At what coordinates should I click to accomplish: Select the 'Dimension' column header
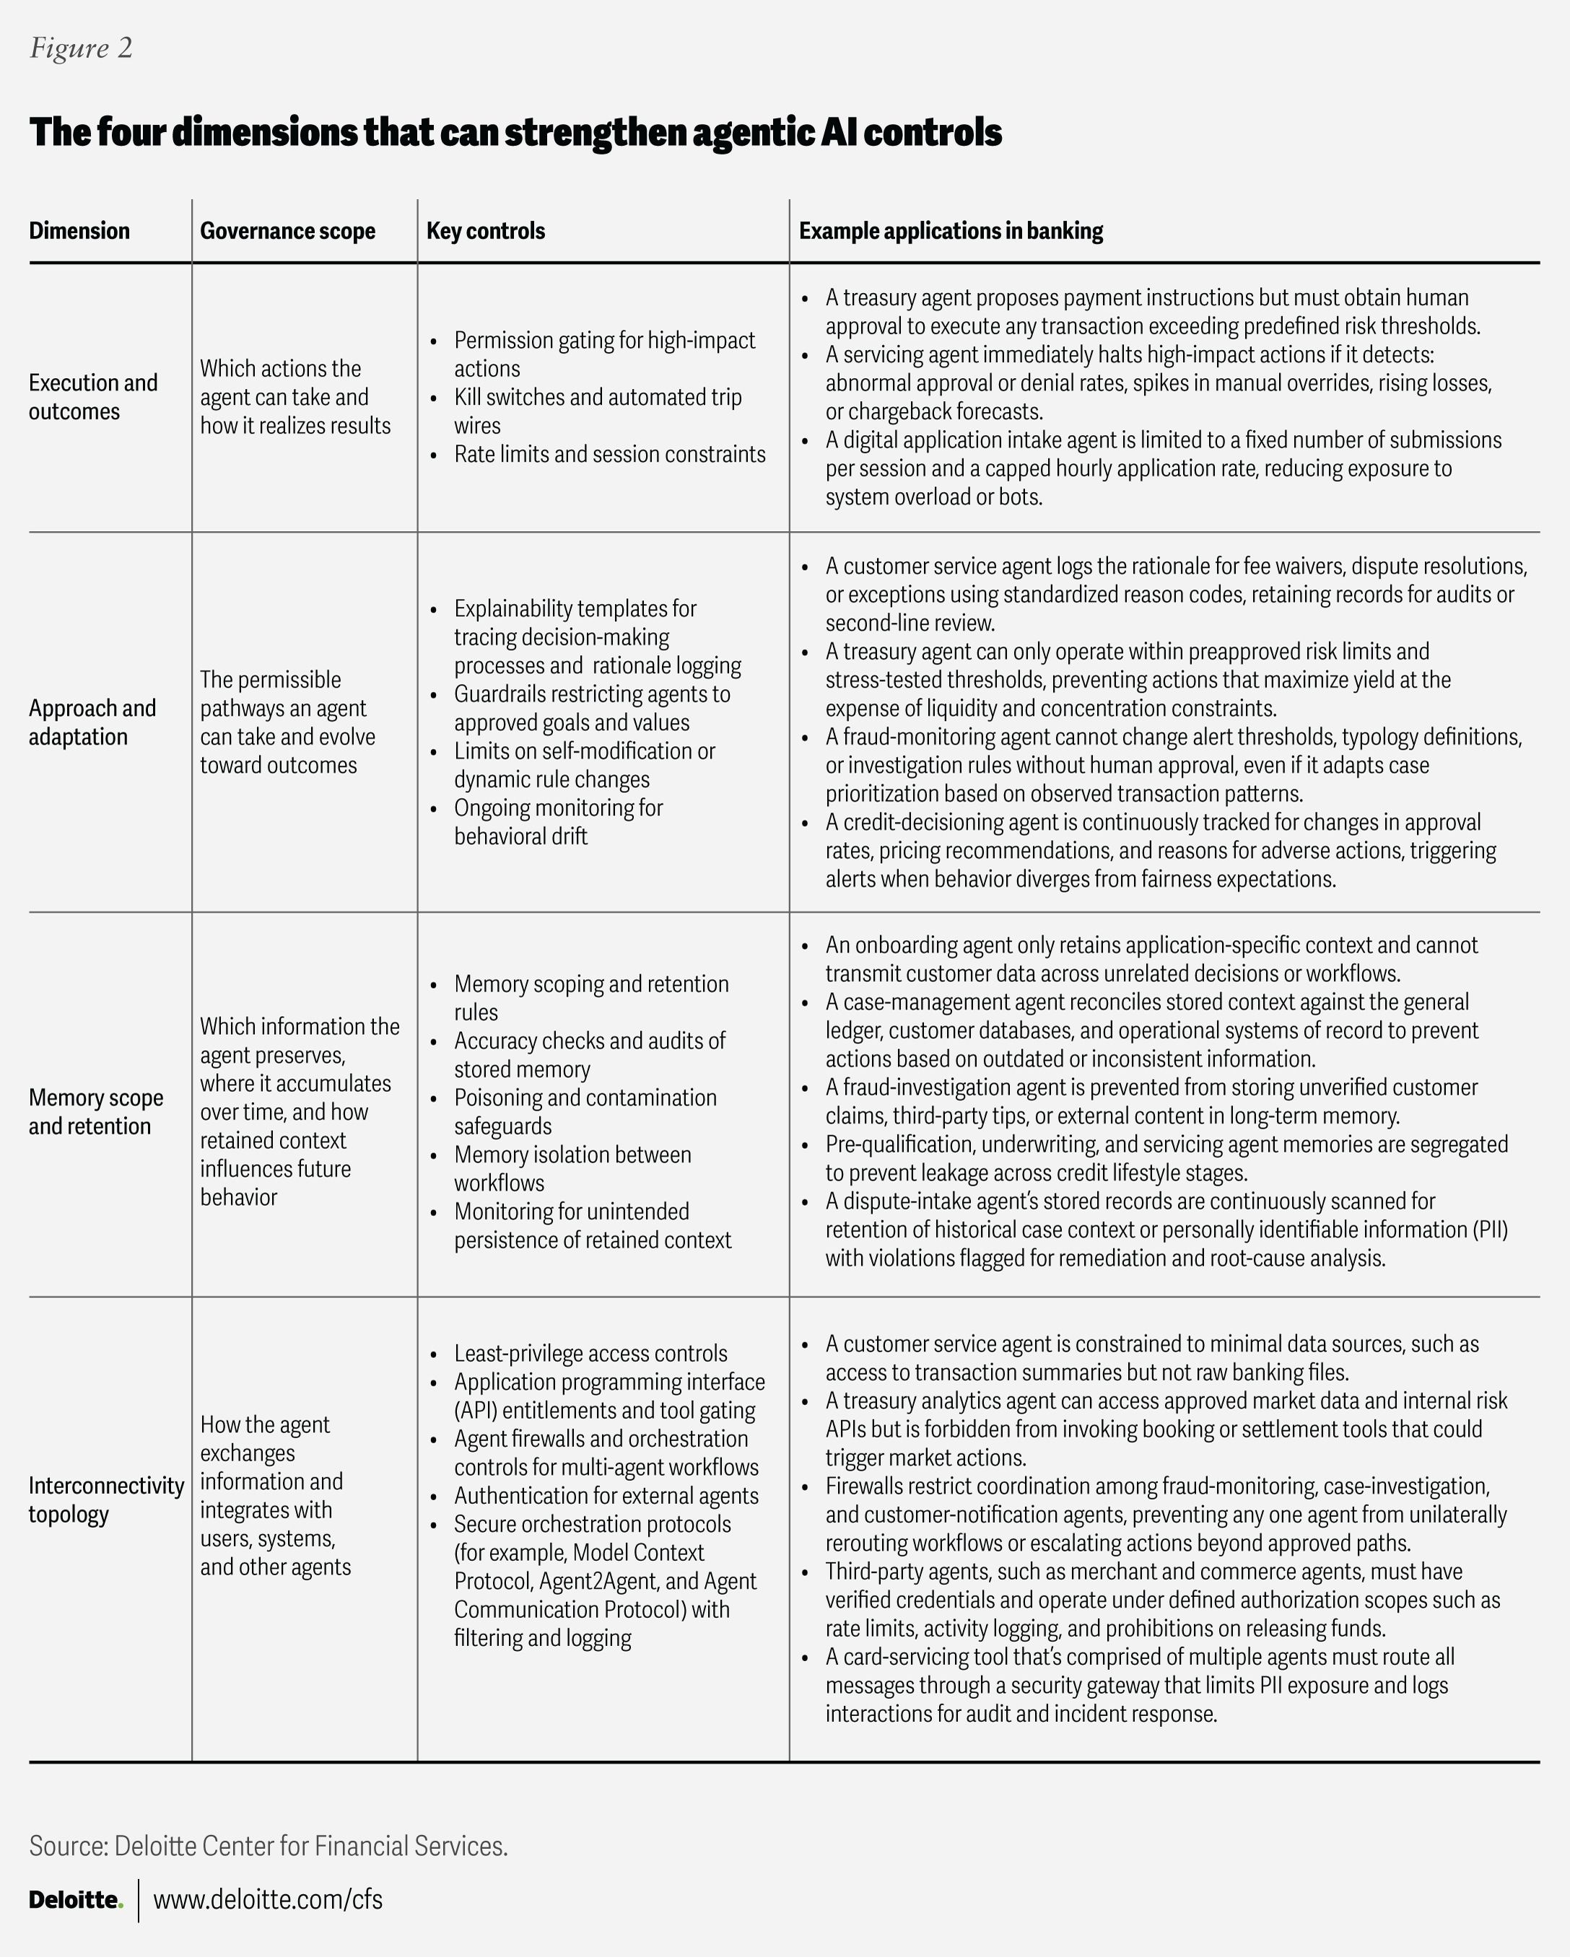[x=79, y=231]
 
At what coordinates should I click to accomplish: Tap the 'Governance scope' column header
[x=287, y=231]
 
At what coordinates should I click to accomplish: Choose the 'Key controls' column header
[x=486, y=231]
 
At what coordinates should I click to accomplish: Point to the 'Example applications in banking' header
[x=951, y=231]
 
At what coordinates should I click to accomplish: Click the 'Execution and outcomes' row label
[x=92, y=397]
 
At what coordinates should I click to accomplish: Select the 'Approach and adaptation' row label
[x=92, y=722]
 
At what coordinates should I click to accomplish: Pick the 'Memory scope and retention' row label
[x=95, y=1111]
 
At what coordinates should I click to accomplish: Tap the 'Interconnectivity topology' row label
[x=105, y=1499]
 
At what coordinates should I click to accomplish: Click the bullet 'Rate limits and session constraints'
[x=609, y=454]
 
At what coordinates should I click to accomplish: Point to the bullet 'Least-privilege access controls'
[x=590, y=1354]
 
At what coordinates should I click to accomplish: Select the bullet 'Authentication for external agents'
[x=606, y=1495]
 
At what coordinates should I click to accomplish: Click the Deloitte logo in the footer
[x=75, y=1899]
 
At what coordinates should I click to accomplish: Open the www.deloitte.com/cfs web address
[x=268, y=1899]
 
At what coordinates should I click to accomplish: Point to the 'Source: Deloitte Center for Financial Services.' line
[x=268, y=1845]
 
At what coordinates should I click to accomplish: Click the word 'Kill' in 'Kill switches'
[x=471, y=397]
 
